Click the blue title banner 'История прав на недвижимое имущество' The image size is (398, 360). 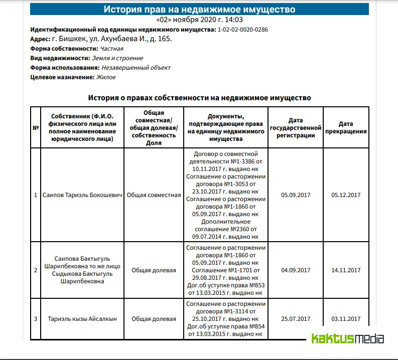(199, 10)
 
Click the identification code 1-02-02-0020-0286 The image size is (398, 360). (242, 30)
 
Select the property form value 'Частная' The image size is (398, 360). (111, 49)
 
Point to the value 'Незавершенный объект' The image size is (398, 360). (136, 68)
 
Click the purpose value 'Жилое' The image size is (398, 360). (107, 77)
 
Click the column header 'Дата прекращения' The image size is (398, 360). (345, 127)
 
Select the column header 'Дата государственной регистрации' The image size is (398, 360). (295, 127)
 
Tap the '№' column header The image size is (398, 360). (36, 128)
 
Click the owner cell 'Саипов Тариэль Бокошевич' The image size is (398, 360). (82, 195)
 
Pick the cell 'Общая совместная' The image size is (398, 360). (154, 195)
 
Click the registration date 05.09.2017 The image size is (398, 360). (296, 195)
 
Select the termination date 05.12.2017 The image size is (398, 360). (346, 195)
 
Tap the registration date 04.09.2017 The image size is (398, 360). (296, 270)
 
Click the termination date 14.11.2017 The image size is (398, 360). (346, 270)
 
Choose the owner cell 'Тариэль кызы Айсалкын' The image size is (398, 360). (82, 319)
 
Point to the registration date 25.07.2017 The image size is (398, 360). (296, 319)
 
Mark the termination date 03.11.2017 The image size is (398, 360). (346, 319)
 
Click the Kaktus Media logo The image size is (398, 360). (347, 339)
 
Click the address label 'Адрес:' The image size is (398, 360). (40, 39)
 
